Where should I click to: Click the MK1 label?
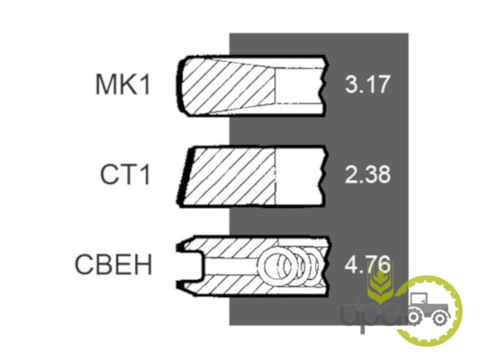click(123, 85)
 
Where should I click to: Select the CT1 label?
click(125, 174)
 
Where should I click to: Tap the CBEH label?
click(113, 265)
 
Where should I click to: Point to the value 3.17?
click(368, 84)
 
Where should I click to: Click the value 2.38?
click(368, 174)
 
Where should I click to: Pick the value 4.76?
click(368, 264)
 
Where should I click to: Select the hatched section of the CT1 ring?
click(231, 176)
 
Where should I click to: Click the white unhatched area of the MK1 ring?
click(299, 85)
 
